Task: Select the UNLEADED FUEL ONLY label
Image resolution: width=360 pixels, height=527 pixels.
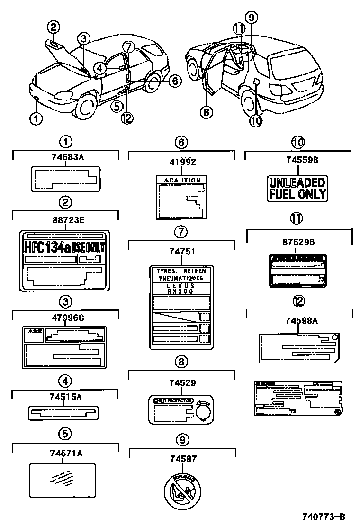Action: pos(297,188)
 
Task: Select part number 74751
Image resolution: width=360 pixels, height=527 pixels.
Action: pos(182,253)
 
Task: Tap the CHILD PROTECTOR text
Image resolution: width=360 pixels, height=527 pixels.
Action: pos(173,400)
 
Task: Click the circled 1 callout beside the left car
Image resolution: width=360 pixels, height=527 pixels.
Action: pos(36,118)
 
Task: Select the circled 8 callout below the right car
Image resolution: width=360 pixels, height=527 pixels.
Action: pos(207,112)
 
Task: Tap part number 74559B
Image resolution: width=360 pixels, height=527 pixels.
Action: pos(297,160)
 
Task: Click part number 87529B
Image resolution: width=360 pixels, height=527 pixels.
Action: pos(297,242)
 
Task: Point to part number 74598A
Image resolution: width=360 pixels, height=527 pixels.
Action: pos(297,321)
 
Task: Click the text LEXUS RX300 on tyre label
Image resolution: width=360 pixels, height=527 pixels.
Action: pos(182,290)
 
